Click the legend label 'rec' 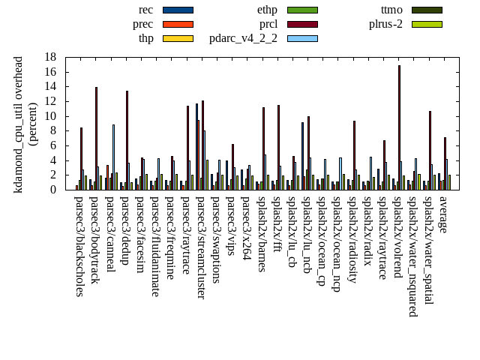(145, 10)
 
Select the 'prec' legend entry (142, 24)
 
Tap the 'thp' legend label (145, 38)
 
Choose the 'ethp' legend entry (267, 10)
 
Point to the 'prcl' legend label (268, 24)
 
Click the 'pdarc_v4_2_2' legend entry (243, 38)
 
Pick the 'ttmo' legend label (391, 10)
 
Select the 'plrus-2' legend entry (385, 24)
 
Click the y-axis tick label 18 (50, 57)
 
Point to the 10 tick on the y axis (50, 116)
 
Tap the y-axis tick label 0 (53, 190)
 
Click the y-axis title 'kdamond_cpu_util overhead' (19, 124)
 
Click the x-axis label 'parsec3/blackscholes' (80, 246)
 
